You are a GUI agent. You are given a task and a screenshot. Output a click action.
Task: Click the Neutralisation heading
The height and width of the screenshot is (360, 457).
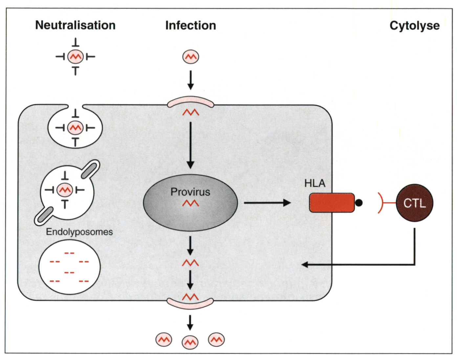(75, 25)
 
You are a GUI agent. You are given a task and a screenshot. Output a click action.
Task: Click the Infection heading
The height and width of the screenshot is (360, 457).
(190, 25)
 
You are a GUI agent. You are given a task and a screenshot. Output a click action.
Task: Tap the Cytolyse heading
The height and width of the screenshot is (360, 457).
(414, 25)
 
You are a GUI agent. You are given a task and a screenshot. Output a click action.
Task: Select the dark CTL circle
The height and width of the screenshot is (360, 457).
(414, 203)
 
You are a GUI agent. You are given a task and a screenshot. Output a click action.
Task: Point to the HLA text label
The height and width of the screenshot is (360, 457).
(315, 183)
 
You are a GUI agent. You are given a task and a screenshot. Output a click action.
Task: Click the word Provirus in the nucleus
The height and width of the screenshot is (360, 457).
(190, 192)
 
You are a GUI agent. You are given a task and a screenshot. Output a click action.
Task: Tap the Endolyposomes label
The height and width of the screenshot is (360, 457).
(79, 232)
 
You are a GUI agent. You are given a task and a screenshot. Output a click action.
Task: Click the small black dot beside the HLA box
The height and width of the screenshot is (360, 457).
(359, 203)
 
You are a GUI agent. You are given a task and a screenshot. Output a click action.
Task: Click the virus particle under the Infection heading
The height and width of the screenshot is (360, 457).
(190, 57)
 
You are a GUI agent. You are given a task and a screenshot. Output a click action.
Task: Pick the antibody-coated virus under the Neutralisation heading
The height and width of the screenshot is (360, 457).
(76, 57)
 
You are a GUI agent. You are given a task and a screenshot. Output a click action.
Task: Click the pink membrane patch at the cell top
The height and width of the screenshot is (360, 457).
(190, 101)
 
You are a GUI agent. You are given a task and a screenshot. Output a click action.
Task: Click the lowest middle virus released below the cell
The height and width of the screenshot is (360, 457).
(190, 343)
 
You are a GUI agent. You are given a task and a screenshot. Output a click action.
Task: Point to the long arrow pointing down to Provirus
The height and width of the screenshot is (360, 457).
(190, 145)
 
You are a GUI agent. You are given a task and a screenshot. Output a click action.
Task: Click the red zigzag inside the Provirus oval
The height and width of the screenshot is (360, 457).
(190, 204)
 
